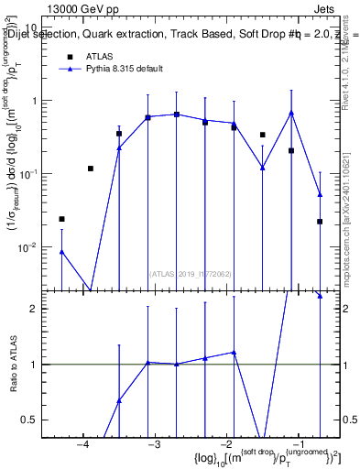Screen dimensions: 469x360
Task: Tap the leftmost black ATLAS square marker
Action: [61, 219]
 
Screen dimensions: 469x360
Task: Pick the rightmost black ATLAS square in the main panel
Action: [320, 222]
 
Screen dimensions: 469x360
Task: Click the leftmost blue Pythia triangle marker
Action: [61, 251]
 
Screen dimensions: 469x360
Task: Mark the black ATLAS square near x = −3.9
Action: [91, 169]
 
